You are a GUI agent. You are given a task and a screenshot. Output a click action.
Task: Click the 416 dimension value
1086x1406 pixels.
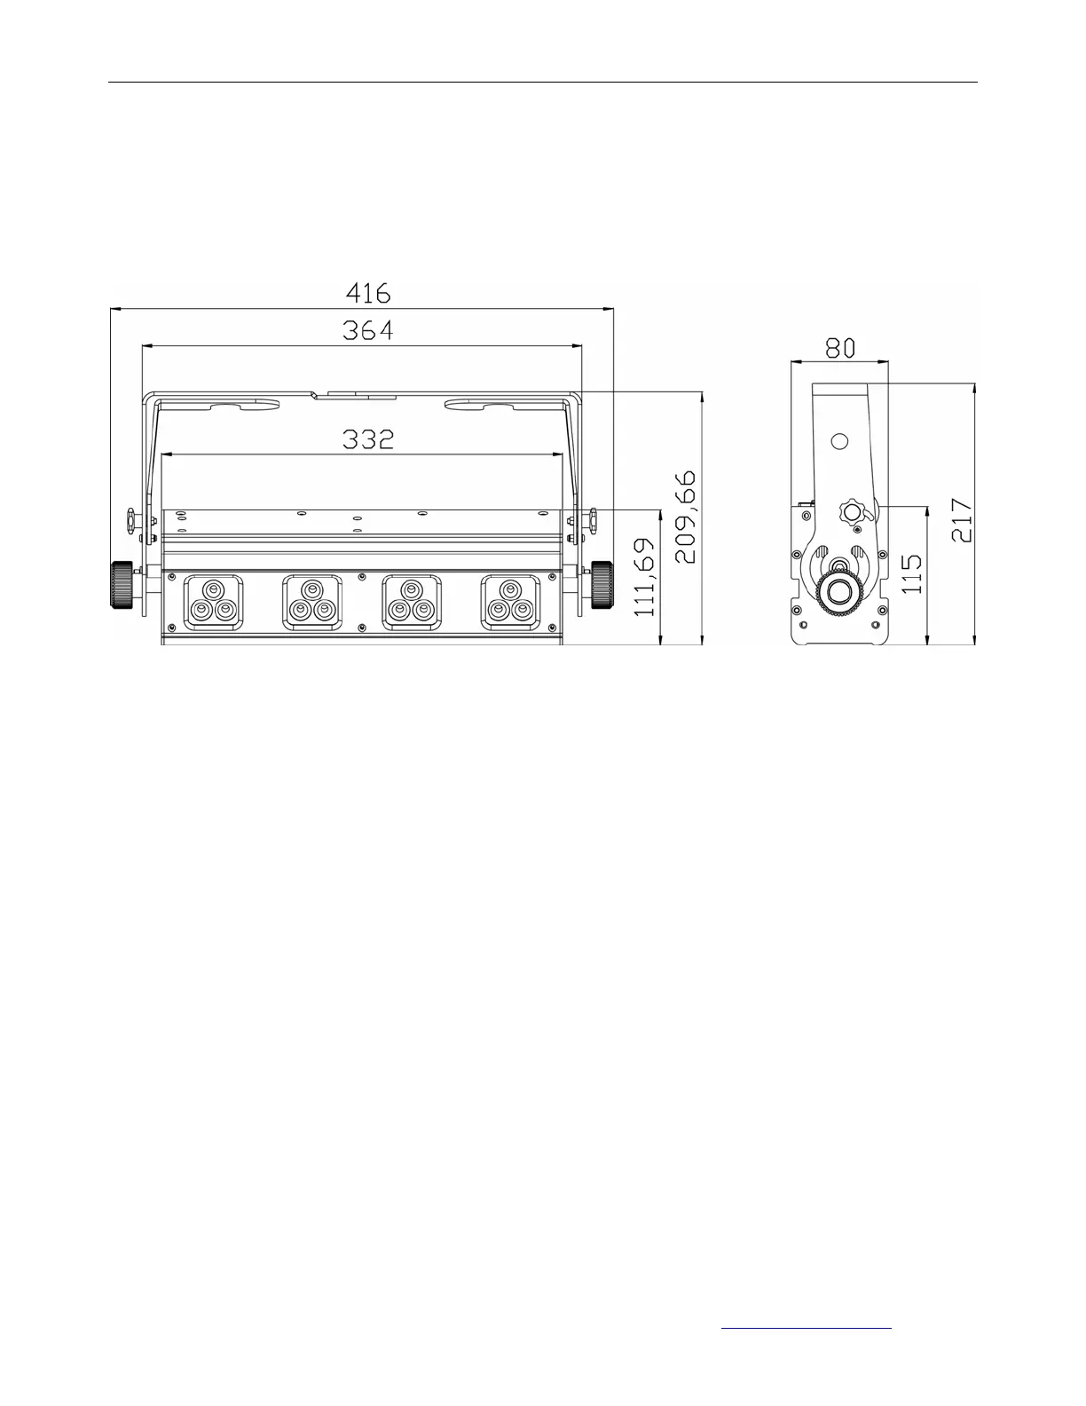[368, 293]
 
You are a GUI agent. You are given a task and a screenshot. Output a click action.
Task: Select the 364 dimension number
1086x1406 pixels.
[367, 330]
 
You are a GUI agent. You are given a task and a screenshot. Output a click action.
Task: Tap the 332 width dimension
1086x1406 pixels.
[367, 440]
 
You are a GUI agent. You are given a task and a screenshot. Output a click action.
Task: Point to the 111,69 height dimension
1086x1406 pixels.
[645, 577]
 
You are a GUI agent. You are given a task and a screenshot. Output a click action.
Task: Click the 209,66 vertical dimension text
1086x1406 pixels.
[686, 517]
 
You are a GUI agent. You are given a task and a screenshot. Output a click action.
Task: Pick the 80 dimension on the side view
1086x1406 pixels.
[840, 349]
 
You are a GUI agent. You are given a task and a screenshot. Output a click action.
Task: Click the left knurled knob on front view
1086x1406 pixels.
[122, 584]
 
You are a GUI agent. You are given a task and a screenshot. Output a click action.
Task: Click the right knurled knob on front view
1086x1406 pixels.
[602, 584]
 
